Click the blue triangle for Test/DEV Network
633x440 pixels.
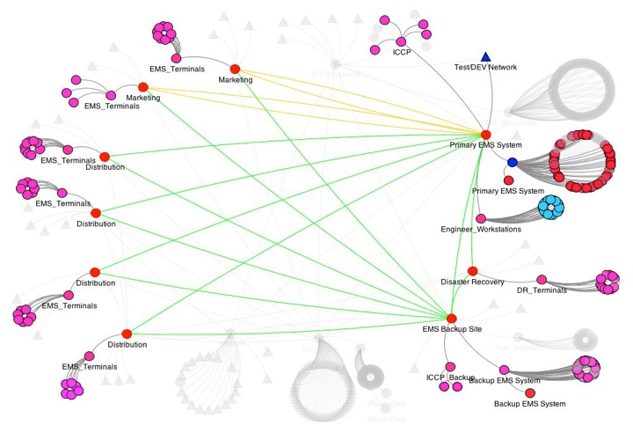(x=485, y=56)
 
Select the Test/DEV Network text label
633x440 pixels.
(x=485, y=68)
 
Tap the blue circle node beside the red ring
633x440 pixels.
(x=512, y=162)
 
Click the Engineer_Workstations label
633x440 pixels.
(x=481, y=229)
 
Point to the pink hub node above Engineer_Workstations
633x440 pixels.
(x=480, y=217)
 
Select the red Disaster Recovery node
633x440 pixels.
(x=473, y=271)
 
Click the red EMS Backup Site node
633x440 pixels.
(x=452, y=319)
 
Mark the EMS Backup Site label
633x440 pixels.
(x=452, y=329)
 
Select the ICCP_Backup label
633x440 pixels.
(x=450, y=377)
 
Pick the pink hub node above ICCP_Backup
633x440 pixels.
(x=449, y=365)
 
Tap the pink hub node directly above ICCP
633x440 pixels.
(x=401, y=40)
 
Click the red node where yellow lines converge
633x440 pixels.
(x=485, y=133)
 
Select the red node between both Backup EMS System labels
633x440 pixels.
(x=530, y=392)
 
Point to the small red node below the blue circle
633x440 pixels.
(x=508, y=180)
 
